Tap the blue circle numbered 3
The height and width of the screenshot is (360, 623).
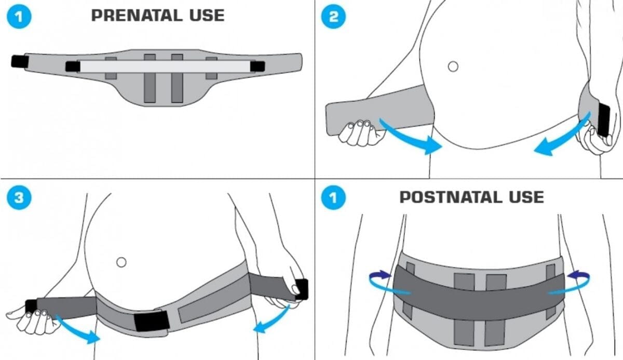19,197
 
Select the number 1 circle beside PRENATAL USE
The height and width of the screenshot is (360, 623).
19,16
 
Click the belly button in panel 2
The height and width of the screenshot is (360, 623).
453,66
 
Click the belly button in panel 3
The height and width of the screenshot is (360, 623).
121,262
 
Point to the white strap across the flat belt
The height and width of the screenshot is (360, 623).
164,66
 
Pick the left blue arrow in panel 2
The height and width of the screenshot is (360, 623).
410,136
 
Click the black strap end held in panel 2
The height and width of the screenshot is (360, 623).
604,119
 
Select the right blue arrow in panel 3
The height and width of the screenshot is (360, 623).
273,319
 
